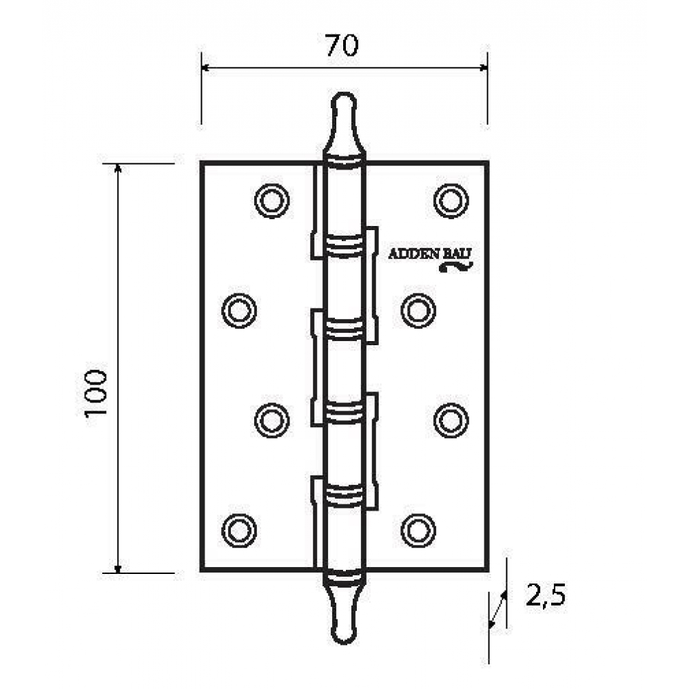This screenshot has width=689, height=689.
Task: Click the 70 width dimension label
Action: [342, 45]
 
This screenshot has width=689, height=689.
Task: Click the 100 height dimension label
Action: [96, 393]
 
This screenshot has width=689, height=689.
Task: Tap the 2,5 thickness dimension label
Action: [545, 596]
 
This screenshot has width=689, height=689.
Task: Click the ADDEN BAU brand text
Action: [430, 254]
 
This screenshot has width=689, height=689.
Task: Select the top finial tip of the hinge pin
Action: [342, 94]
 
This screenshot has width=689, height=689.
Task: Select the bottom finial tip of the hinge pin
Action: [344, 642]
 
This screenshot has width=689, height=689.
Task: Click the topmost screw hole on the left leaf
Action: [271, 200]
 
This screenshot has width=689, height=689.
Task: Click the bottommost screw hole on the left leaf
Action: [239, 531]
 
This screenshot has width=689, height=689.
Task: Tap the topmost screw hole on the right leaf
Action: [451, 200]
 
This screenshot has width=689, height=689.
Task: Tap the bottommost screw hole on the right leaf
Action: [418, 531]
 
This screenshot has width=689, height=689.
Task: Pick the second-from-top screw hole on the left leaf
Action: [239, 311]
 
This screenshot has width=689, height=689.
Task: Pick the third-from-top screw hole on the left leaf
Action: [271, 420]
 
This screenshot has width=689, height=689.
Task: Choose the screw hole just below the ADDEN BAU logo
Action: [418, 311]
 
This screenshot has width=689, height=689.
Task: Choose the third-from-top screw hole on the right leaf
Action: [451, 420]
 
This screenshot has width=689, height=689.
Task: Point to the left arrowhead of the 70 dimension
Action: [205, 68]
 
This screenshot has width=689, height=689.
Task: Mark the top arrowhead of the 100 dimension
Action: [117, 168]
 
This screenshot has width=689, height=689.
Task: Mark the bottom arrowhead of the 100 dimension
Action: [117, 569]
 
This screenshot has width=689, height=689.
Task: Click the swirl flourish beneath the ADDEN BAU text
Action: [455, 266]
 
